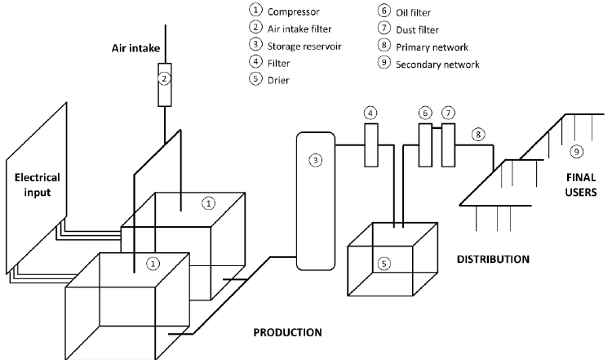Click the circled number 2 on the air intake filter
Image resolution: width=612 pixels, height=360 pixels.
pos(164,79)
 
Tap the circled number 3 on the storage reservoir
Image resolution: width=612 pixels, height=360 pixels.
pos(316,160)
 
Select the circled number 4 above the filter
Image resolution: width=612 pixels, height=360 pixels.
pos(370,112)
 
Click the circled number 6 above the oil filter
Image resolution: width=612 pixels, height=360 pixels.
pos(424,112)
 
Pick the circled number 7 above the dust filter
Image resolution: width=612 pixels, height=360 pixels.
pos(447,112)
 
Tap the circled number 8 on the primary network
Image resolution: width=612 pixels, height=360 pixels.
pos(478,132)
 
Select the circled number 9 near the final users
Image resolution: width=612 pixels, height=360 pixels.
pos(576,152)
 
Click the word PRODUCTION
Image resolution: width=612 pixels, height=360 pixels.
pos(287,332)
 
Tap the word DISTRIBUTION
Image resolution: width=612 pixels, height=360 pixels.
pos(494,260)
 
